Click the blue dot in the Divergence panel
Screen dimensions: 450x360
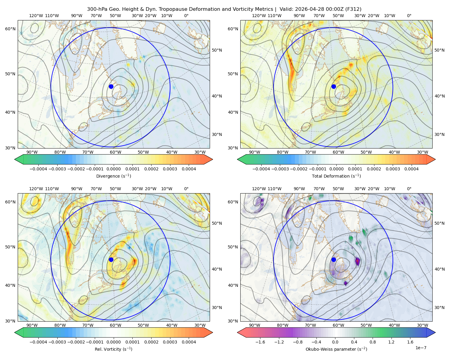click(111, 86)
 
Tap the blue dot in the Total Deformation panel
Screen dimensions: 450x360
click(334, 86)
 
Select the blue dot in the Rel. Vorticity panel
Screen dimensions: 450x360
click(111, 259)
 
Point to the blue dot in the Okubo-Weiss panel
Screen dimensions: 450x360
click(334, 259)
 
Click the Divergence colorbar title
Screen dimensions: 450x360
click(113, 176)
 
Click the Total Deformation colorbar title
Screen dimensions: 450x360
click(336, 176)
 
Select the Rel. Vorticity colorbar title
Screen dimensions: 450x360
click(113, 349)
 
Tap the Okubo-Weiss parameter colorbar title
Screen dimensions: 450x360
click(336, 349)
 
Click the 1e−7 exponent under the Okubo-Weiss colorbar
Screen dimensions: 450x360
click(421, 348)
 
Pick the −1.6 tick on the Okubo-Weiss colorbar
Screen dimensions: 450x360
click(260, 342)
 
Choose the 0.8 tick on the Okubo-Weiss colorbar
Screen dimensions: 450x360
click(373, 342)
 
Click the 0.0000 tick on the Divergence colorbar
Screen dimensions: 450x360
click(113, 169)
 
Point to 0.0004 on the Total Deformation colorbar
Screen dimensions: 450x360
click(411, 169)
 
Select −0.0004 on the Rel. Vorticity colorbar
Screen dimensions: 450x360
click(38, 342)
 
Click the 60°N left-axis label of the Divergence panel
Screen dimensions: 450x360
click(10, 29)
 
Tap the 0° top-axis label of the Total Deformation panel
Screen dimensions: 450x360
click(409, 16)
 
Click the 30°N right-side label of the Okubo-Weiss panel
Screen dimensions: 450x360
click(439, 307)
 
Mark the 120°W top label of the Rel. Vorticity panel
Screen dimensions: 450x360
click(36, 189)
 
